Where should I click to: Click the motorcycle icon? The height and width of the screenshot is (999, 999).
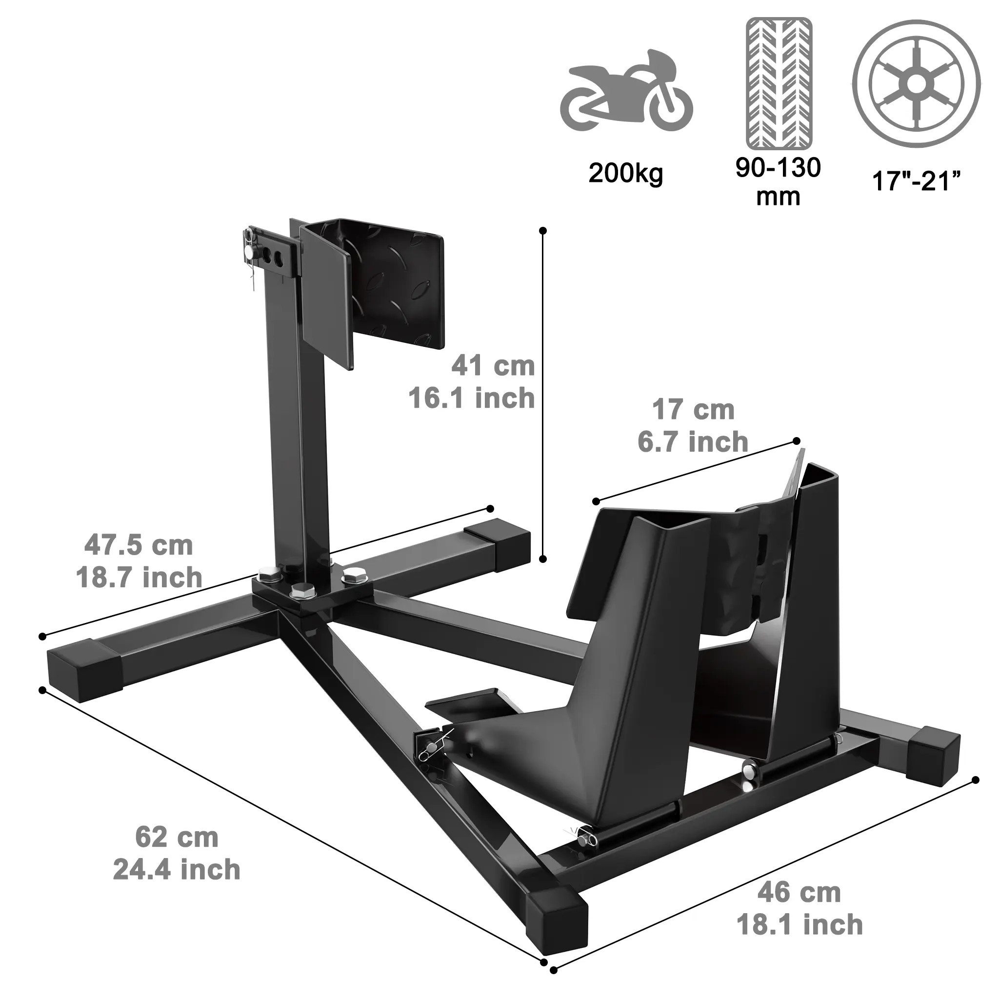click(626, 94)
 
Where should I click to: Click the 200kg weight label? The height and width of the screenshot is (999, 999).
click(625, 174)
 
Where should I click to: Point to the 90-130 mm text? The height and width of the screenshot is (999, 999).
click(778, 181)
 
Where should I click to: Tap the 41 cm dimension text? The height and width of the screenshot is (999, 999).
click(493, 366)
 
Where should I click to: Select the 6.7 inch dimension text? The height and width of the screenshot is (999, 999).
click(692, 442)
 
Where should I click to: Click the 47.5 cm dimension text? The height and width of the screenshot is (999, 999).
click(139, 545)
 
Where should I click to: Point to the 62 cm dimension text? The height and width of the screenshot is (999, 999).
click(177, 837)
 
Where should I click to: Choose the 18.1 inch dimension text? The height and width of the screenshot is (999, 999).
click(799, 924)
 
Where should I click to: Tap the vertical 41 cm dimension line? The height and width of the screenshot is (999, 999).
click(542, 393)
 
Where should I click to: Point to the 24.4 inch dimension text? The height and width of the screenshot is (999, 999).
click(177, 869)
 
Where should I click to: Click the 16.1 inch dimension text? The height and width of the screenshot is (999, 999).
click(472, 398)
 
